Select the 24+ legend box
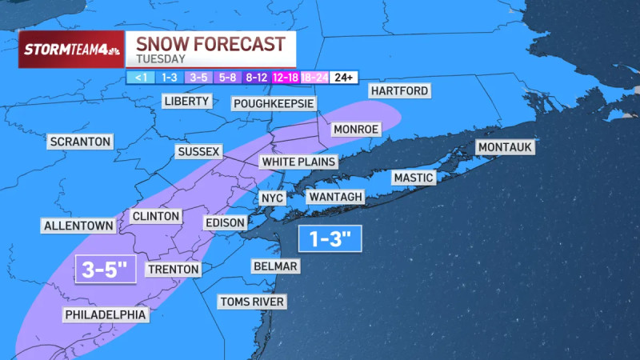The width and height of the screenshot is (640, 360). coord(345,78)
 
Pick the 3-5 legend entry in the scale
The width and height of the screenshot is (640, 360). coord(198,78)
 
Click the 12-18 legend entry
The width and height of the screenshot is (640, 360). coord(286,78)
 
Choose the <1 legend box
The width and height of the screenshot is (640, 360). coord(138,78)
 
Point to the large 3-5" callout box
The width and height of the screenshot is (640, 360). coord(106,270)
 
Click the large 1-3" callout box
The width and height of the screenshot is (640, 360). coord(330,238)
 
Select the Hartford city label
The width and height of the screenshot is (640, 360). coord(399,90)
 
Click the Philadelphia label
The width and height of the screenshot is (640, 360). coord(106,315)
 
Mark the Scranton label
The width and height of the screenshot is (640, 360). coord(80,142)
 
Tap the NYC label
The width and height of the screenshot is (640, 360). coord(268,198)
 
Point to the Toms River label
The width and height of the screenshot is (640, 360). coord(253,302)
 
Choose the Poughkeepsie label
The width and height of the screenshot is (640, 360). coord(274,104)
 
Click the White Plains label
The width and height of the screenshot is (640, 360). coord(298,162)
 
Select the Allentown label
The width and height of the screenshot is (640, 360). coord(78,226)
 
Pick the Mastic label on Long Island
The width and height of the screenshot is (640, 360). coord(413,178)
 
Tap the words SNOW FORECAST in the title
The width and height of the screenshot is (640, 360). coord(210,43)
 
